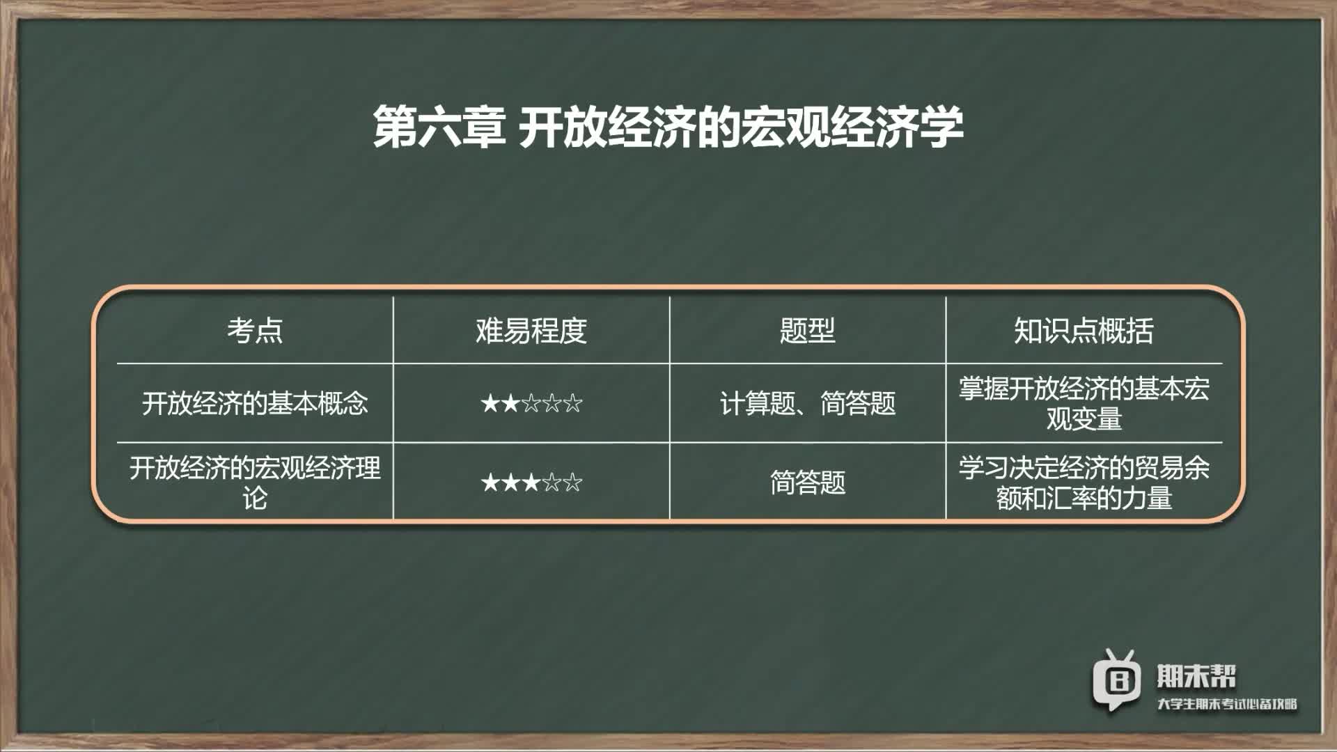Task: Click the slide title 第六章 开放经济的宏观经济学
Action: pyautogui.click(x=668, y=127)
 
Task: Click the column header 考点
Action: pyautogui.click(x=255, y=330)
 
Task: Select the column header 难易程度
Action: pyautogui.click(x=531, y=330)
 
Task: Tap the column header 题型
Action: pyautogui.click(x=808, y=330)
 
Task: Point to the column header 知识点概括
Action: pyautogui.click(x=1084, y=330)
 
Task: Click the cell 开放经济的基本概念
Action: pyautogui.click(x=255, y=403)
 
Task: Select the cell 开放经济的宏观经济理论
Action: pyautogui.click(x=255, y=483)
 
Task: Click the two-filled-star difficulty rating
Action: pyautogui.click(x=531, y=403)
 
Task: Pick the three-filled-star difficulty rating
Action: pyautogui.click(x=531, y=482)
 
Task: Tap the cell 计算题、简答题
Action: pyautogui.click(x=808, y=403)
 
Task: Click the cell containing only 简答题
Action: pyautogui.click(x=808, y=482)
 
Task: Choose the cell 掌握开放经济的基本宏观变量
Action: pyautogui.click(x=1084, y=403)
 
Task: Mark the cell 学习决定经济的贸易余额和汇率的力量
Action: pyautogui.click(x=1084, y=483)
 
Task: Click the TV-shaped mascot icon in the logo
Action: pyautogui.click(x=1117, y=680)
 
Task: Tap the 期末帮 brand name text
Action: pyautogui.click(x=1196, y=675)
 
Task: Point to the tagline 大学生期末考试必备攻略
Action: pyautogui.click(x=1227, y=704)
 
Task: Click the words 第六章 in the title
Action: pyautogui.click(x=439, y=127)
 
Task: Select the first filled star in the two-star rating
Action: pyautogui.click(x=490, y=403)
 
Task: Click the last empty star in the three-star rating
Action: pyautogui.click(x=573, y=482)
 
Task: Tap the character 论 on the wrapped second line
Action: pyautogui.click(x=255, y=499)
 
